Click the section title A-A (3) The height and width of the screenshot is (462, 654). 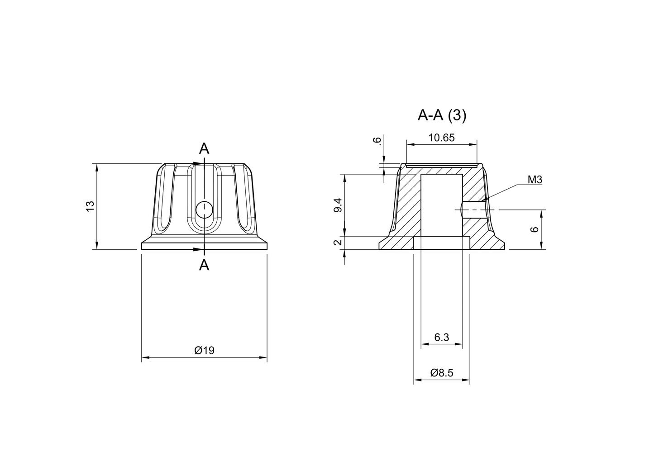click(441, 116)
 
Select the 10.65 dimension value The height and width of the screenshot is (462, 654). click(441, 138)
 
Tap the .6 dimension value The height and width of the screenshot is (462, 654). click(377, 141)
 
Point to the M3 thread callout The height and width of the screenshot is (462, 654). click(535, 180)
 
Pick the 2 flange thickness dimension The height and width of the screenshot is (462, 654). click(338, 243)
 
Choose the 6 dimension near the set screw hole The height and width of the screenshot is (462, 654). click(535, 229)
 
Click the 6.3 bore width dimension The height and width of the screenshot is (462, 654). click(441, 337)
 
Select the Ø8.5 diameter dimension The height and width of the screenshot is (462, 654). click(441, 373)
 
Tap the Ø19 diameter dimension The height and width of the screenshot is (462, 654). click(204, 351)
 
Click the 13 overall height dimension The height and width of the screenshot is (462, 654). click(90, 206)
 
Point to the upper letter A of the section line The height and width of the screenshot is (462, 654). click(205, 148)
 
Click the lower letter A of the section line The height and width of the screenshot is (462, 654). click(205, 266)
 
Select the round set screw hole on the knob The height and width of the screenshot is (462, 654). click(205, 210)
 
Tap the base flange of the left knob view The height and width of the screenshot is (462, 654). click(205, 246)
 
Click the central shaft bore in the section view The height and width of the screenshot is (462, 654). click(441, 204)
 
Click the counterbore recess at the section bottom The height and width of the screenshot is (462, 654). click(441, 243)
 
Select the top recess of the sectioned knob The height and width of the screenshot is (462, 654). click(441, 165)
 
